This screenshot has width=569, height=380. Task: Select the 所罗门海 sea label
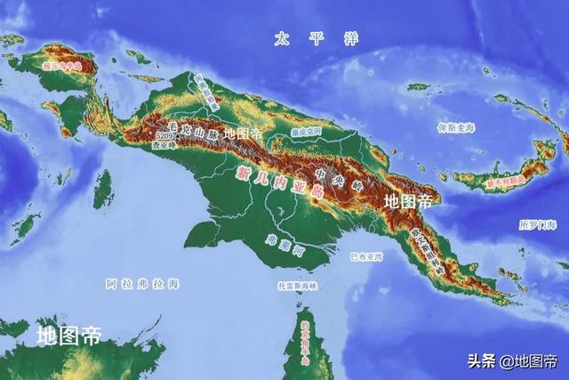(x=537, y=225)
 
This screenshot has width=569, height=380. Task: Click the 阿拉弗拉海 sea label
(x=142, y=284)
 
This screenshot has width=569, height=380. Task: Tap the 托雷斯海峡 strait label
(x=298, y=287)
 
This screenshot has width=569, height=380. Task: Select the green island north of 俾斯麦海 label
(x=418, y=86)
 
